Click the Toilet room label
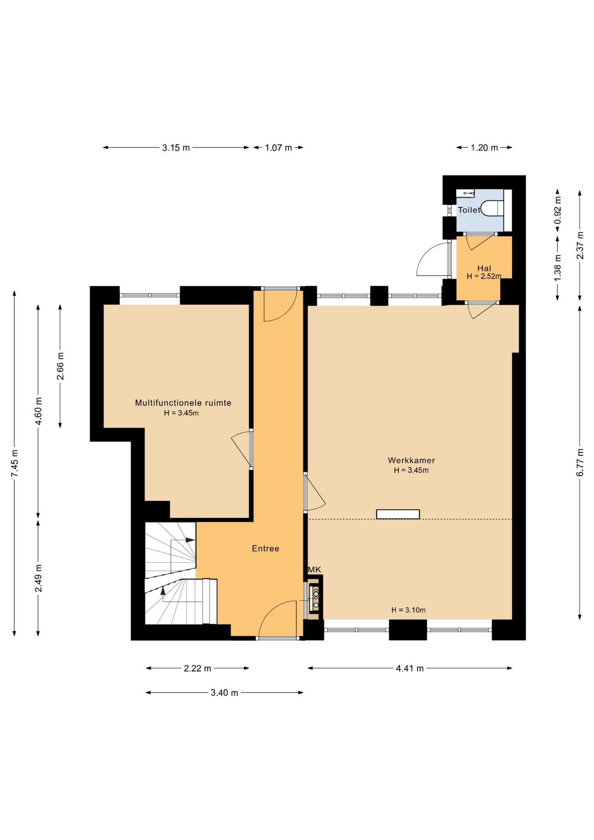pyautogui.click(x=469, y=210)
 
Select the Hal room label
pyautogui.click(x=484, y=268)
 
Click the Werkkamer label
pyautogui.click(x=411, y=460)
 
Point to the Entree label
pyautogui.click(x=266, y=549)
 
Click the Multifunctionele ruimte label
pyautogui.click(x=183, y=403)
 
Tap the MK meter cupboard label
pyautogui.click(x=314, y=570)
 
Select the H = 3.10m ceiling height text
pyautogui.click(x=409, y=610)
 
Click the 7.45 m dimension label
pyautogui.click(x=14, y=463)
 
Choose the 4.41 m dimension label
pyautogui.click(x=410, y=668)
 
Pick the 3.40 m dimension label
pyautogui.click(x=224, y=693)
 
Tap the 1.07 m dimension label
pyautogui.click(x=278, y=148)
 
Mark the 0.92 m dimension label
pyautogui.click(x=558, y=210)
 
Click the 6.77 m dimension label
pyautogui.click(x=580, y=462)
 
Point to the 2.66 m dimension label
pyautogui.click(x=60, y=366)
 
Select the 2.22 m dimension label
pyautogui.click(x=197, y=668)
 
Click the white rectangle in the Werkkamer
pyautogui.click(x=398, y=514)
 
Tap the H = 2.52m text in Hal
pyautogui.click(x=484, y=276)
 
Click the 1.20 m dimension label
pyautogui.click(x=484, y=148)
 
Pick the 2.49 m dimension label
pyautogui.click(x=38, y=578)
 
